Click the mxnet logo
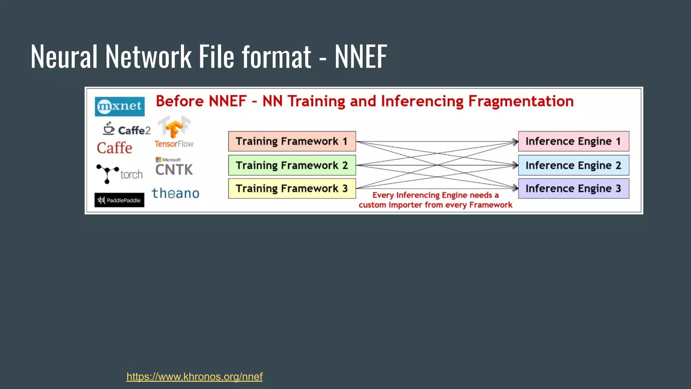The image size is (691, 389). [x=119, y=106]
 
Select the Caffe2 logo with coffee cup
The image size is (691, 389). [x=127, y=130]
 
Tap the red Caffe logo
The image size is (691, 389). [x=114, y=148]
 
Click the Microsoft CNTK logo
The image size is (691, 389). [x=174, y=167]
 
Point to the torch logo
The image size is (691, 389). [x=119, y=174]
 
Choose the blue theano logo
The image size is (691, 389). [x=175, y=193]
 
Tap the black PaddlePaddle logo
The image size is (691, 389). [x=119, y=200]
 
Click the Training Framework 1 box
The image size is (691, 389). [x=292, y=141]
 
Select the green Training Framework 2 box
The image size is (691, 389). [x=292, y=165]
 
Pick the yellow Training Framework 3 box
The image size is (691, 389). [x=292, y=188]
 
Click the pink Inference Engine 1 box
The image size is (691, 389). [x=574, y=141]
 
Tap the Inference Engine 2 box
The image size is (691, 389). [x=574, y=165]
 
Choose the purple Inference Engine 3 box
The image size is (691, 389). [x=574, y=188]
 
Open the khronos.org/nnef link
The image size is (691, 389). [x=194, y=377]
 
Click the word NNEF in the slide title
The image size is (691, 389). [x=361, y=57]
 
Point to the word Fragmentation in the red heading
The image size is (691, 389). [x=521, y=101]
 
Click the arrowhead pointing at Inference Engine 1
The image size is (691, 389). [x=515, y=142]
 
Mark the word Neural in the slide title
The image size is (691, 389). [x=64, y=57]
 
